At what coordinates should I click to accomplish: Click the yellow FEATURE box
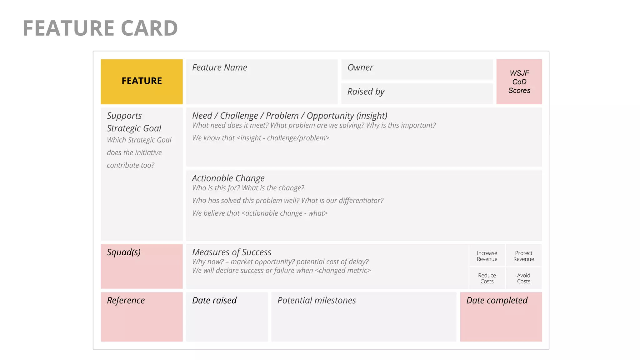click(142, 81)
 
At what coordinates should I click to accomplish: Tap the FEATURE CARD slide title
click(100, 28)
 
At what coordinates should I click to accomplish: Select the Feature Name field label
click(219, 67)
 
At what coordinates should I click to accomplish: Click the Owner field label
click(360, 67)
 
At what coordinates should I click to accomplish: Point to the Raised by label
click(366, 92)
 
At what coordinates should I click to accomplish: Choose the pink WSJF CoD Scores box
click(519, 82)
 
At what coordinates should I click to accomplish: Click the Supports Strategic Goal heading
click(134, 122)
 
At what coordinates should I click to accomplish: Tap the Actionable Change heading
click(228, 178)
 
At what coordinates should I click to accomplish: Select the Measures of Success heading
click(232, 252)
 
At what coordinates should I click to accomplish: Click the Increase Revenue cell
click(487, 256)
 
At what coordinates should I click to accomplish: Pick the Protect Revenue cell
click(523, 256)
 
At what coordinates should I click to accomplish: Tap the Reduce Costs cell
click(487, 278)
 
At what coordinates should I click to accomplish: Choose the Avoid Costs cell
click(523, 278)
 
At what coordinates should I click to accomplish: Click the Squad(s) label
click(124, 252)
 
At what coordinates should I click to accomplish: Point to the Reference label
click(126, 300)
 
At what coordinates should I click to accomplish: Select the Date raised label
click(214, 300)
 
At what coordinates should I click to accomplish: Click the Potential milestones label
click(317, 300)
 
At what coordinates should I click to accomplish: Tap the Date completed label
click(497, 300)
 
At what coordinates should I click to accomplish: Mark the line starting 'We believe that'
click(260, 213)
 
